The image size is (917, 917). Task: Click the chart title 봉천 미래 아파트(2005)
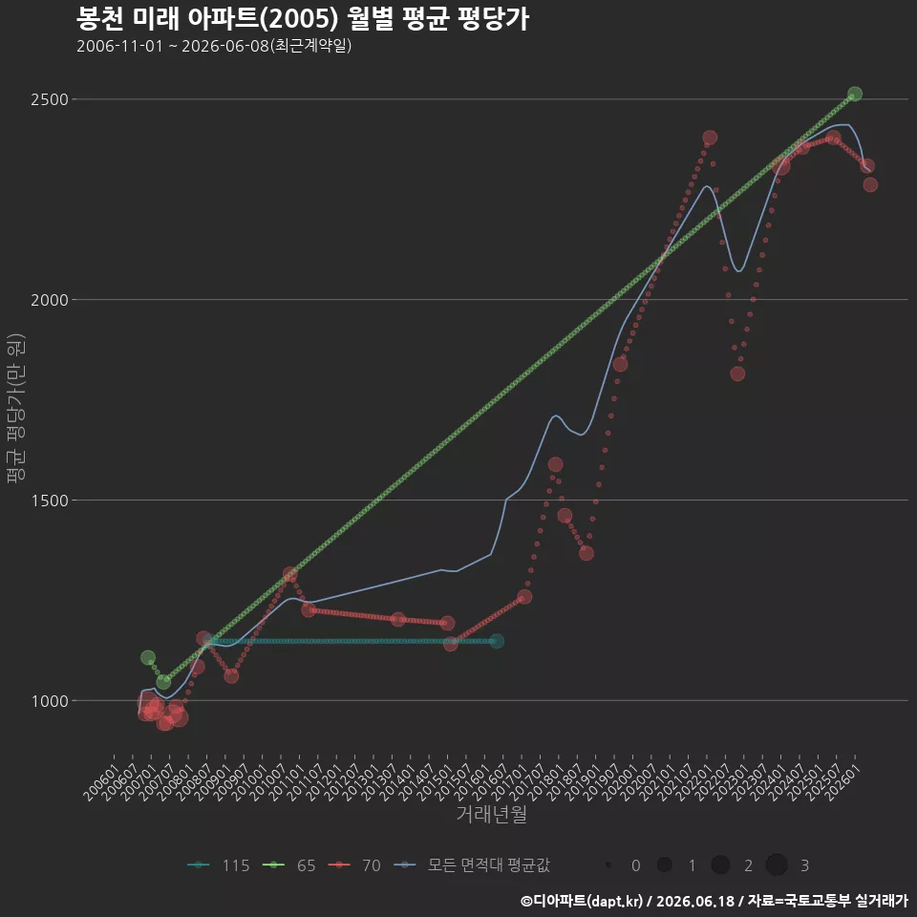[207, 19]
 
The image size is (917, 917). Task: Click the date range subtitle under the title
[214, 46]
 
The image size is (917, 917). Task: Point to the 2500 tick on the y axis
[50, 99]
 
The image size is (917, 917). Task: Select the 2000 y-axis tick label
[50, 300]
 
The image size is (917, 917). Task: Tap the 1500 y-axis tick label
[50, 501]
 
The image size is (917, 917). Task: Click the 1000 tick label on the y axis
[50, 701]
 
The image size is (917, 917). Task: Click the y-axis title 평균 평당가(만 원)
[16, 408]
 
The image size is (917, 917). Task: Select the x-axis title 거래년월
[491, 814]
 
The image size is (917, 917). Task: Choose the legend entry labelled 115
[219, 865]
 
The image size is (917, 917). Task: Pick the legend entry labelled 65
[288, 865]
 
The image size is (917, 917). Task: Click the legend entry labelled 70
[354, 865]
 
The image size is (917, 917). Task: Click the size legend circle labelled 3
[777, 865]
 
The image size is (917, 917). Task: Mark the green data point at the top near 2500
[854, 94]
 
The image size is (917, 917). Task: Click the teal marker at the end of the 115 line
[497, 641]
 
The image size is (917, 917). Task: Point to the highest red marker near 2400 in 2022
[710, 138]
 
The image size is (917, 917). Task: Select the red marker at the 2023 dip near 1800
[737, 373]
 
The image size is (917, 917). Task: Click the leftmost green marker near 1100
[148, 657]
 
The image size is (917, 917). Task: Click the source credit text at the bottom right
[714, 901]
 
